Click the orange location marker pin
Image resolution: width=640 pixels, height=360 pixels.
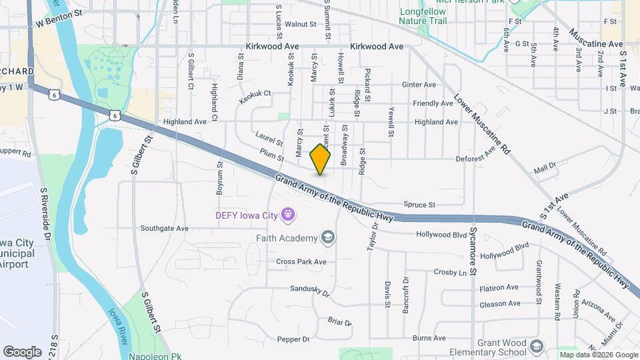click(x=321, y=159)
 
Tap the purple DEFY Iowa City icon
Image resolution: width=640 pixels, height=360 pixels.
click(x=288, y=215)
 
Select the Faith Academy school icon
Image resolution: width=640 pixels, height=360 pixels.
click(x=328, y=237)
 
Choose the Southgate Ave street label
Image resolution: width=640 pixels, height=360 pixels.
click(x=165, y=228)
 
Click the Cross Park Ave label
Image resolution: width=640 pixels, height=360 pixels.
click(x=301, y=262)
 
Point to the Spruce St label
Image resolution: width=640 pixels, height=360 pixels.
click(x=419, y=205)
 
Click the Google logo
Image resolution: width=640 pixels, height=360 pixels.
click(x=22, y=351)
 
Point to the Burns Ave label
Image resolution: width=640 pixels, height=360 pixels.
click(x=429, y=339)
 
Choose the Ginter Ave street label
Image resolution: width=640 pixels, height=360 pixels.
click(x=419, y=85)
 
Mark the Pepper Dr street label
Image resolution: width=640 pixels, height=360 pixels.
click(x=293, y=339)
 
